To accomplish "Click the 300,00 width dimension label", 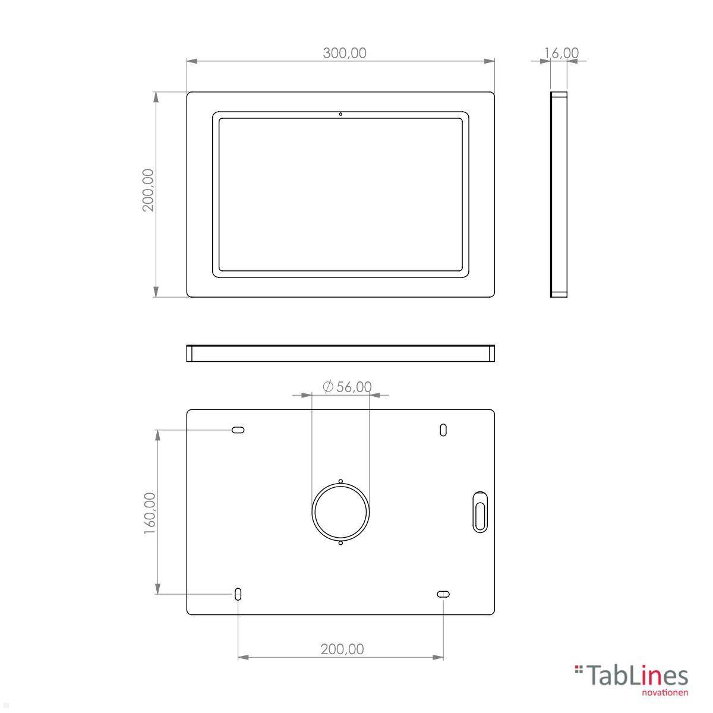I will pyautogui.click(x=345, y=53).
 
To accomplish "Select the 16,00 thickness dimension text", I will pyautogui.click(x=561, y=53).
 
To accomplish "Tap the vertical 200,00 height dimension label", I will pyautogui.click(x=148, y=190).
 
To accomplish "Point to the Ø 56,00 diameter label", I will pyautogui.click(x=347, y=387).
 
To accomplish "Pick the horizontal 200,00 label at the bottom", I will pyautogui.click(x=342, y=649).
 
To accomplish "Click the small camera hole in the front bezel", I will pyautogui.click(x=340, y=113).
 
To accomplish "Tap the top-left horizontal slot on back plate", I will pyautogui.click(x=238, y=430).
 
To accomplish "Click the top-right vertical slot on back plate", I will pyautogui.click(x=443, y=430).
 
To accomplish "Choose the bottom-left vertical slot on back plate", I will pyautogui.click(x=238, y=594).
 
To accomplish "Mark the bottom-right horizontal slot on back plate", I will pyautogui.click(x=443, y=594).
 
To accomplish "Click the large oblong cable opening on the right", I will pyautogui.click(x=479, y=512).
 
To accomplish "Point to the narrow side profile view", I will pyautogui.click(x=559, y=194).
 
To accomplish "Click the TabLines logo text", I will pyautogui.click(x=637, y=676).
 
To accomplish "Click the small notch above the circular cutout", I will pyautogui.click(x=340, y=481).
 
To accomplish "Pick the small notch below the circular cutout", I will pyautogui.click(x=340, y=542).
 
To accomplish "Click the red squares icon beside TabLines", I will pyautogui.click(x=579, y=670).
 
